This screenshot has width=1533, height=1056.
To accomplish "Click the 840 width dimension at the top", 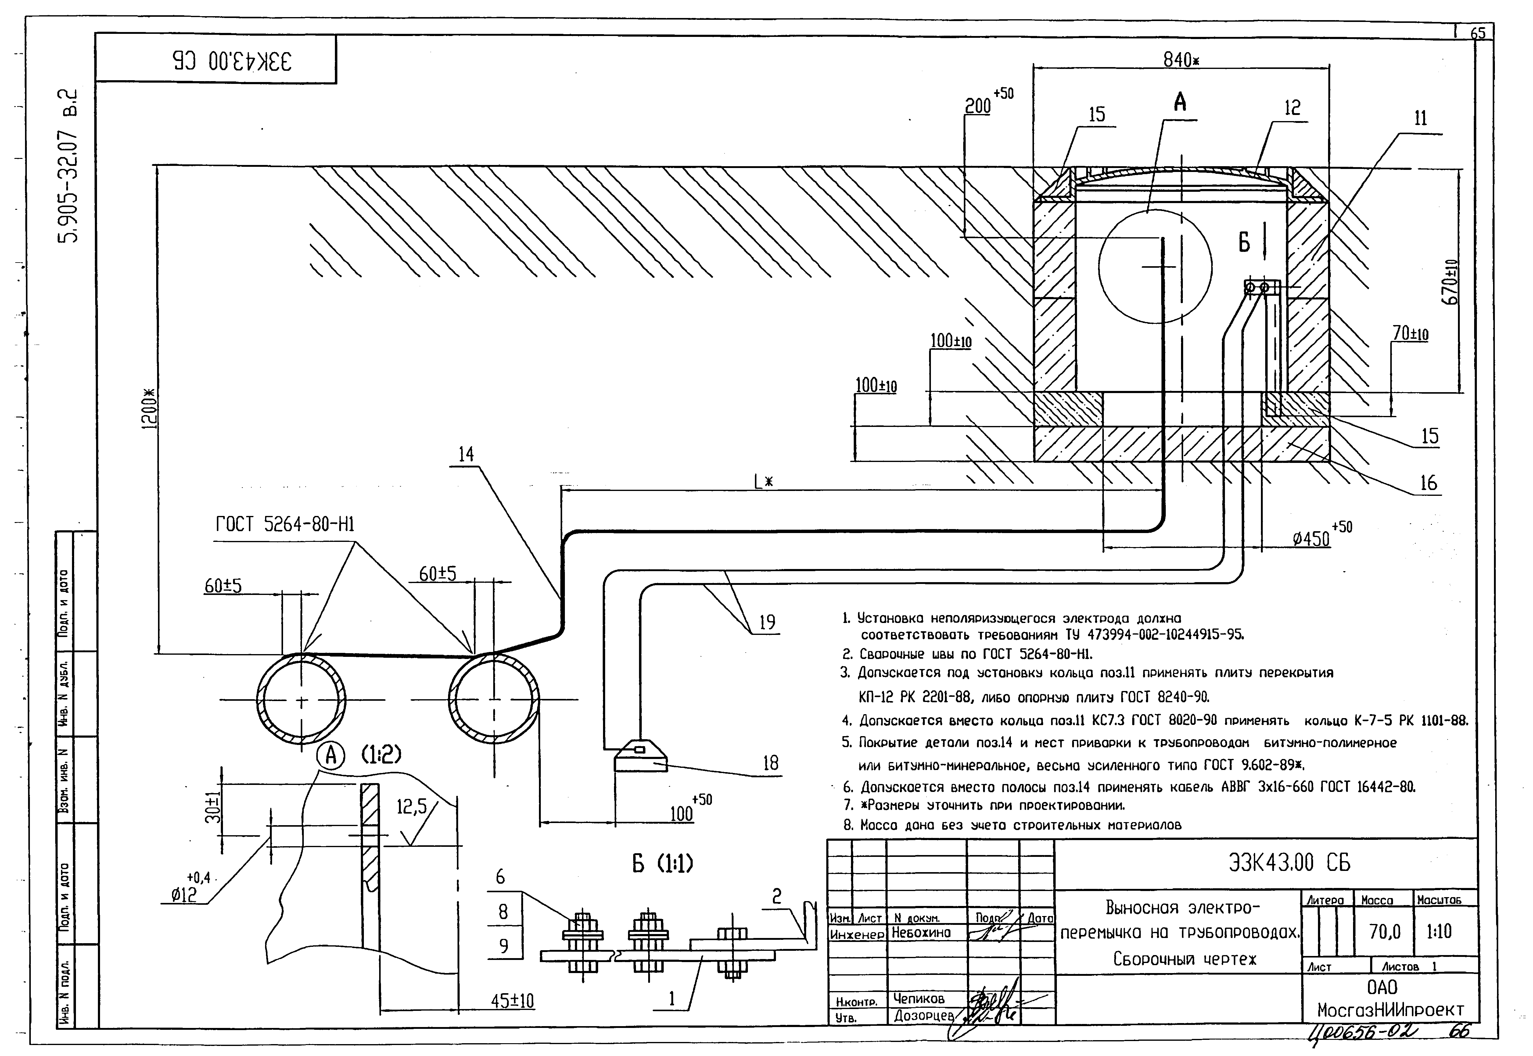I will click(x=1181, y=59).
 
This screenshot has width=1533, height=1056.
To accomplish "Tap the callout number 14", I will click(x=466, y=454).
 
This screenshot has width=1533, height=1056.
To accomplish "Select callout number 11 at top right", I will click(x=1420, y=118).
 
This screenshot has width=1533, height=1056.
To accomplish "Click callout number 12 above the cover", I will click(x=1292, y=108).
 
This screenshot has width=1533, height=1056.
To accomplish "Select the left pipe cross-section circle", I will click(x=301, y=700).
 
